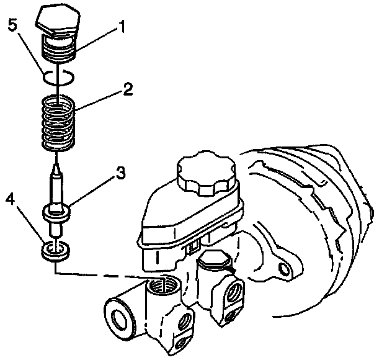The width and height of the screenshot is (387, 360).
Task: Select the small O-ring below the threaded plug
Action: (x=60, y=77)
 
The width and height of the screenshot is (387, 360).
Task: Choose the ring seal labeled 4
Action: (x=56, y=251)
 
